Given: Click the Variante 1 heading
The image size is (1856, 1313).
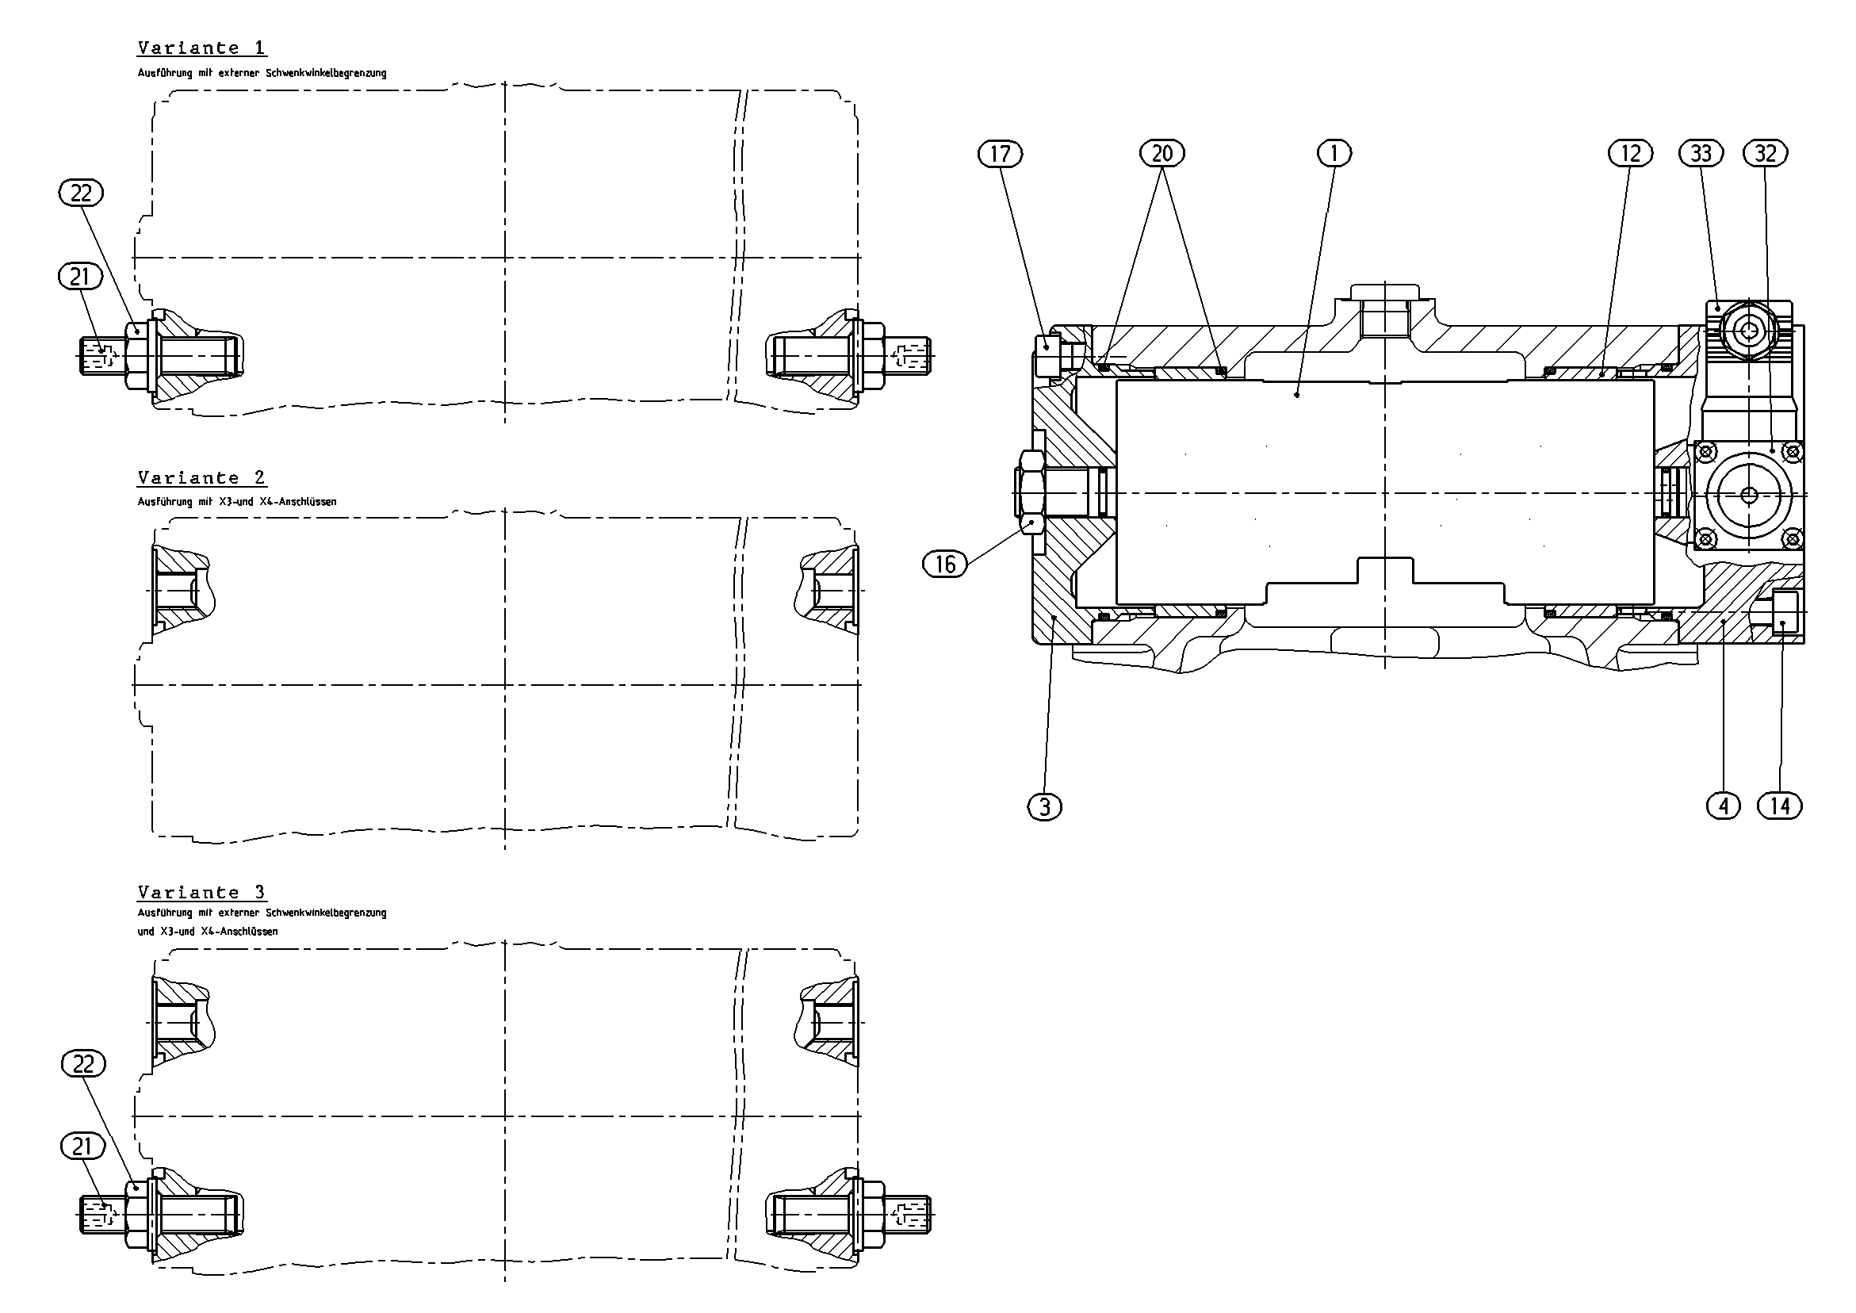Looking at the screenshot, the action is coord(201,48).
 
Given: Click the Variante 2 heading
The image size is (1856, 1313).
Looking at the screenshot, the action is coord(201,478).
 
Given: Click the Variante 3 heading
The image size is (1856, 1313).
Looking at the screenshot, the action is coord(201,893).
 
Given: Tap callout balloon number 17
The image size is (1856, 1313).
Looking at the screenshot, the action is coord(1000,153).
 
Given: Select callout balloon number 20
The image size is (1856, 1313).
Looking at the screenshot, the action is coord(1161,153).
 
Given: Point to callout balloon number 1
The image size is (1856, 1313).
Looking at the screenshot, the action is coord(1334,153).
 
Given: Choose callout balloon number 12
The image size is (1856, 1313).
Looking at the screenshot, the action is coord(1631,153).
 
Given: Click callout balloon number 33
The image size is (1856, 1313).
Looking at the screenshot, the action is coord(1701,153).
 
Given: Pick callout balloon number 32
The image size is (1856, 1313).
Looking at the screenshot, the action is coord(1766,153).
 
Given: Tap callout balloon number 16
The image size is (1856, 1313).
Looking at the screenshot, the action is coord(945,564).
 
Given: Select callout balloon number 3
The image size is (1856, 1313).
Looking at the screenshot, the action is coord(1044,806).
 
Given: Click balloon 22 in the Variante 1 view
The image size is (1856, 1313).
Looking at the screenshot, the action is coord(81,193).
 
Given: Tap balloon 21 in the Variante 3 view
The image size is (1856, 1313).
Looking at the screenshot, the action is coord(82,1146).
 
